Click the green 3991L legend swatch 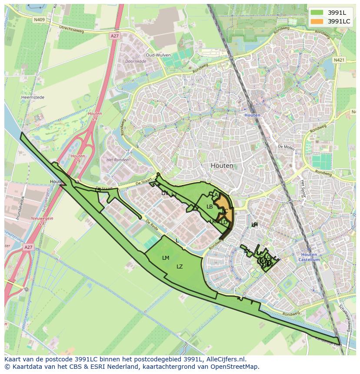tap(317, 13)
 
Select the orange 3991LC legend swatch tap(317, 21)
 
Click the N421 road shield tap(339, 60)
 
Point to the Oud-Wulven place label tap(157, 55)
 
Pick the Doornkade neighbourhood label tap(135, 62)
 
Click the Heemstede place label tap(30, 98)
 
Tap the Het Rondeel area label tap(116, 159)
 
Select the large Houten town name tap(222, 165)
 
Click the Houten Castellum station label tap(310, 257)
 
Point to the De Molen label tap(286, 147)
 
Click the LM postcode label tap(165, 258)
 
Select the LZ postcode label tap(180, 267)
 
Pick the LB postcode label tap(210, 207)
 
